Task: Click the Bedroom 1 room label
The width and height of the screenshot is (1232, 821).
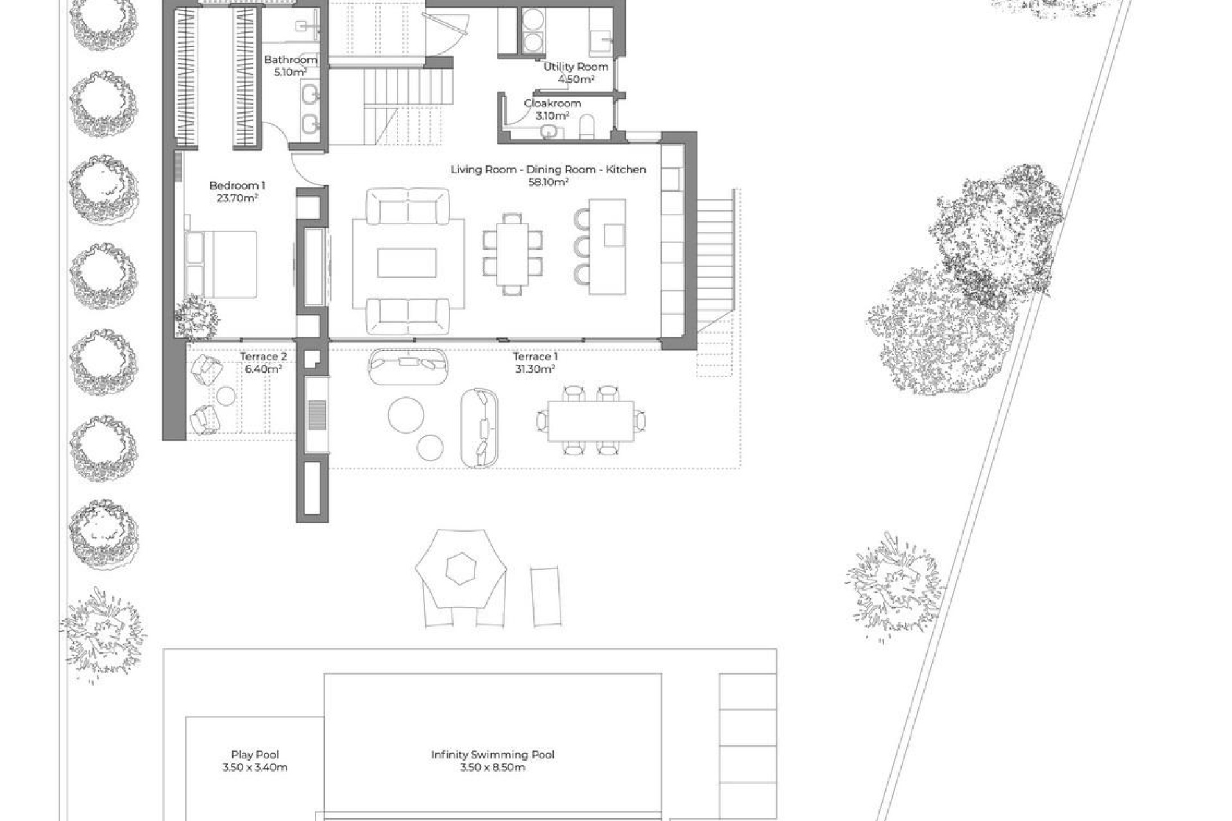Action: [x=237, y=185]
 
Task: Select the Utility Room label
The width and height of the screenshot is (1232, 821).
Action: [x=576, y=67]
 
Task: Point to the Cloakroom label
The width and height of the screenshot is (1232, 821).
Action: [x=552, y=103]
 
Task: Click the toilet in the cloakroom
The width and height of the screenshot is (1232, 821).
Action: [x=586, y=128]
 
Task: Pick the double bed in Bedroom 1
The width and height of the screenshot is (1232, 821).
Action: [x=221, y=264]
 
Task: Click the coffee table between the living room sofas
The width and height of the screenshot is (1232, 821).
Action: [x=407, y=263]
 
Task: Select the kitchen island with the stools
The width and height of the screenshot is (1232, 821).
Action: [x=608, y=247]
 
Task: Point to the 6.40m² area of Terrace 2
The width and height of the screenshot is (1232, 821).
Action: [x=263, y=369]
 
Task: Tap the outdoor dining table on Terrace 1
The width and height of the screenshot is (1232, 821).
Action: [x=590, y=421]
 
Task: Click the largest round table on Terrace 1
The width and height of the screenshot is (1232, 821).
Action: [x=406, y=414]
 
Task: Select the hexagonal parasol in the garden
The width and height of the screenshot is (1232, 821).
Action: [x=460, y=568]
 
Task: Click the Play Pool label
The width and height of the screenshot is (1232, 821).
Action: [x=255, y=755]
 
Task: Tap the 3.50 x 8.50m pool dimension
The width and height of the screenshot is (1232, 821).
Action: [x=492, y=767]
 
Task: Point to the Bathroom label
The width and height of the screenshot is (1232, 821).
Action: [x=291, y=60]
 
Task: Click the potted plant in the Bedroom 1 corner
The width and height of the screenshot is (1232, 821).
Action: [x=196, y=317]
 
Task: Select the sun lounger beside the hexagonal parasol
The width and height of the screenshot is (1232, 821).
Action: [x=545, y=596]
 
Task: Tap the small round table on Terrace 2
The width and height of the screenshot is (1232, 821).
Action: [x=225, y=396]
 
